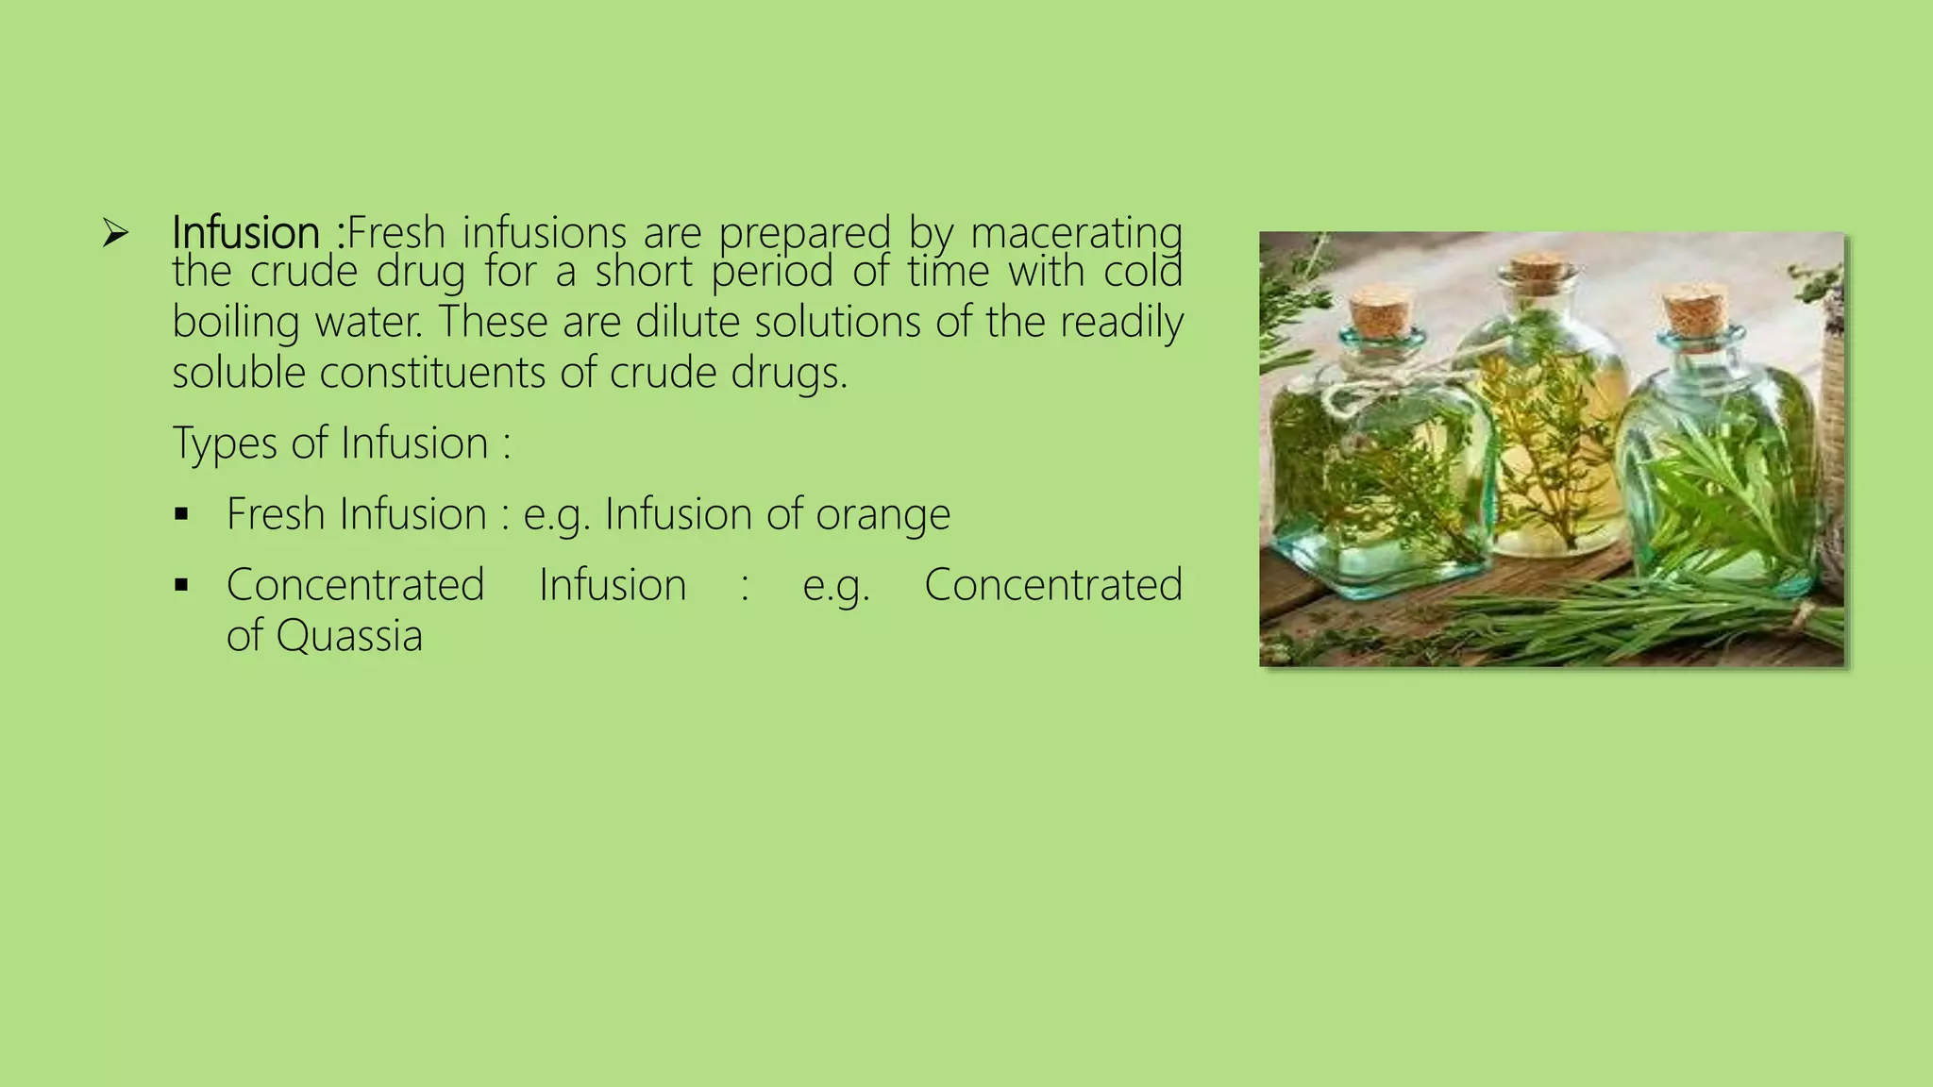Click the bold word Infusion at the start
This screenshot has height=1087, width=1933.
245,232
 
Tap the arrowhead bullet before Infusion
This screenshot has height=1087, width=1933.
115,232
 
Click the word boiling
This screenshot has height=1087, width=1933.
235,323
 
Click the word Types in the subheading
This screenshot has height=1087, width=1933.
225,443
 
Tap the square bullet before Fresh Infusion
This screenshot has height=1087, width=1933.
182,515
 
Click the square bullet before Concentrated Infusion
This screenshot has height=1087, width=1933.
182,586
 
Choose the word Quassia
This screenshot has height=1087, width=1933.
348,635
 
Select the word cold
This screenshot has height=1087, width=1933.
1143,272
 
